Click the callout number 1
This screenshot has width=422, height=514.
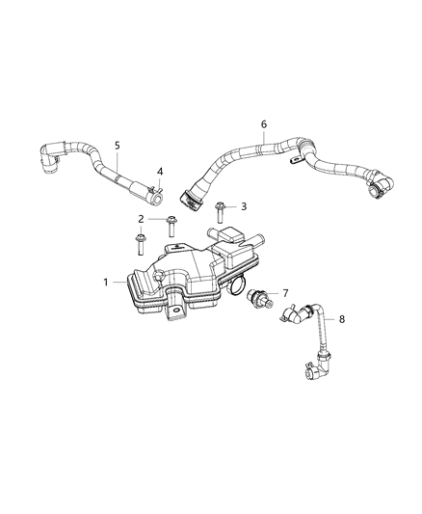coord(107,283)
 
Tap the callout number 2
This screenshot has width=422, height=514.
coord(141,219)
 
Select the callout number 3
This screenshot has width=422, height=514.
coord(244,206)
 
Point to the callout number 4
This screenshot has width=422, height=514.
coord(161,172)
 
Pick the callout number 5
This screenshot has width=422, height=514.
coord(117,146)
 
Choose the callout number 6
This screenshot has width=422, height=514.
coord(263,124)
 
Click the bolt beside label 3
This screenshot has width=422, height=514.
coord(221,207)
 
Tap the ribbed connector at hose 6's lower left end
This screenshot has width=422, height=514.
coord(191,199)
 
